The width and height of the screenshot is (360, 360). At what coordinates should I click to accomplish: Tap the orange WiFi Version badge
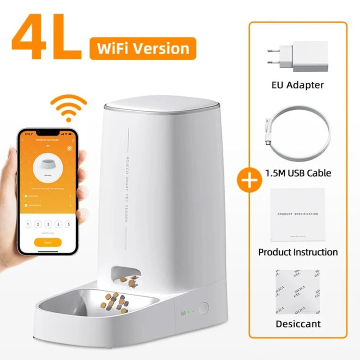tap(143, 48)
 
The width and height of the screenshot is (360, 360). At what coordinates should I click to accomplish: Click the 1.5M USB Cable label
tap(298, 173)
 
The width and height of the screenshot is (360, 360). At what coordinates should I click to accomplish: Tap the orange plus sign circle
tap(249, 180)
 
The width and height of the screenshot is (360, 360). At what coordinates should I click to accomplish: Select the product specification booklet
tap(298, 214)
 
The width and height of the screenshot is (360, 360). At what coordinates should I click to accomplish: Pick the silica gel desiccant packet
tap(298, 292)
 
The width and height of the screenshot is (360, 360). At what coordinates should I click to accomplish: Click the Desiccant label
tap(298, 323)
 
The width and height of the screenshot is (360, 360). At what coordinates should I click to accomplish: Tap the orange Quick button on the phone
tap(47, 243)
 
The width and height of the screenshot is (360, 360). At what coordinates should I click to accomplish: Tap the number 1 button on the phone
tap(28, 224)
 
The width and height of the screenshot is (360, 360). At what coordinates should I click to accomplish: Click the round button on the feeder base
tap(203, 309)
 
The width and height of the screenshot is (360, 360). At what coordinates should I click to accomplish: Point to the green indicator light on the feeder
tap(190, 312)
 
